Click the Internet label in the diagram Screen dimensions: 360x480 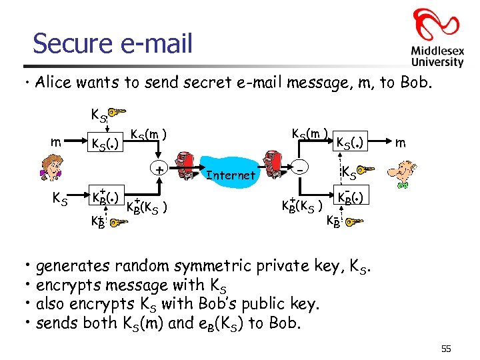point(230,175)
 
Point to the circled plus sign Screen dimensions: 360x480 point(159,170)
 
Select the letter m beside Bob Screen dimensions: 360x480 point(401,143)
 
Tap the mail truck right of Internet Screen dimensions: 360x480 point(274,164)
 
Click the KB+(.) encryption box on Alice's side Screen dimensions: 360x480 point(105,199)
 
